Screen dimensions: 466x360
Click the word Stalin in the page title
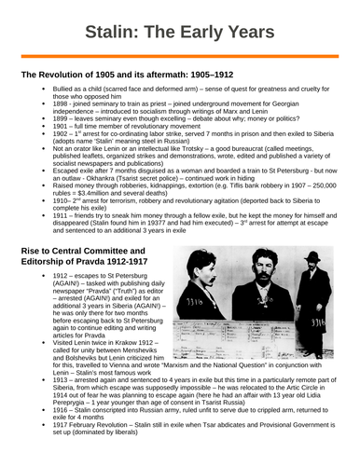tap(109, 34)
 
